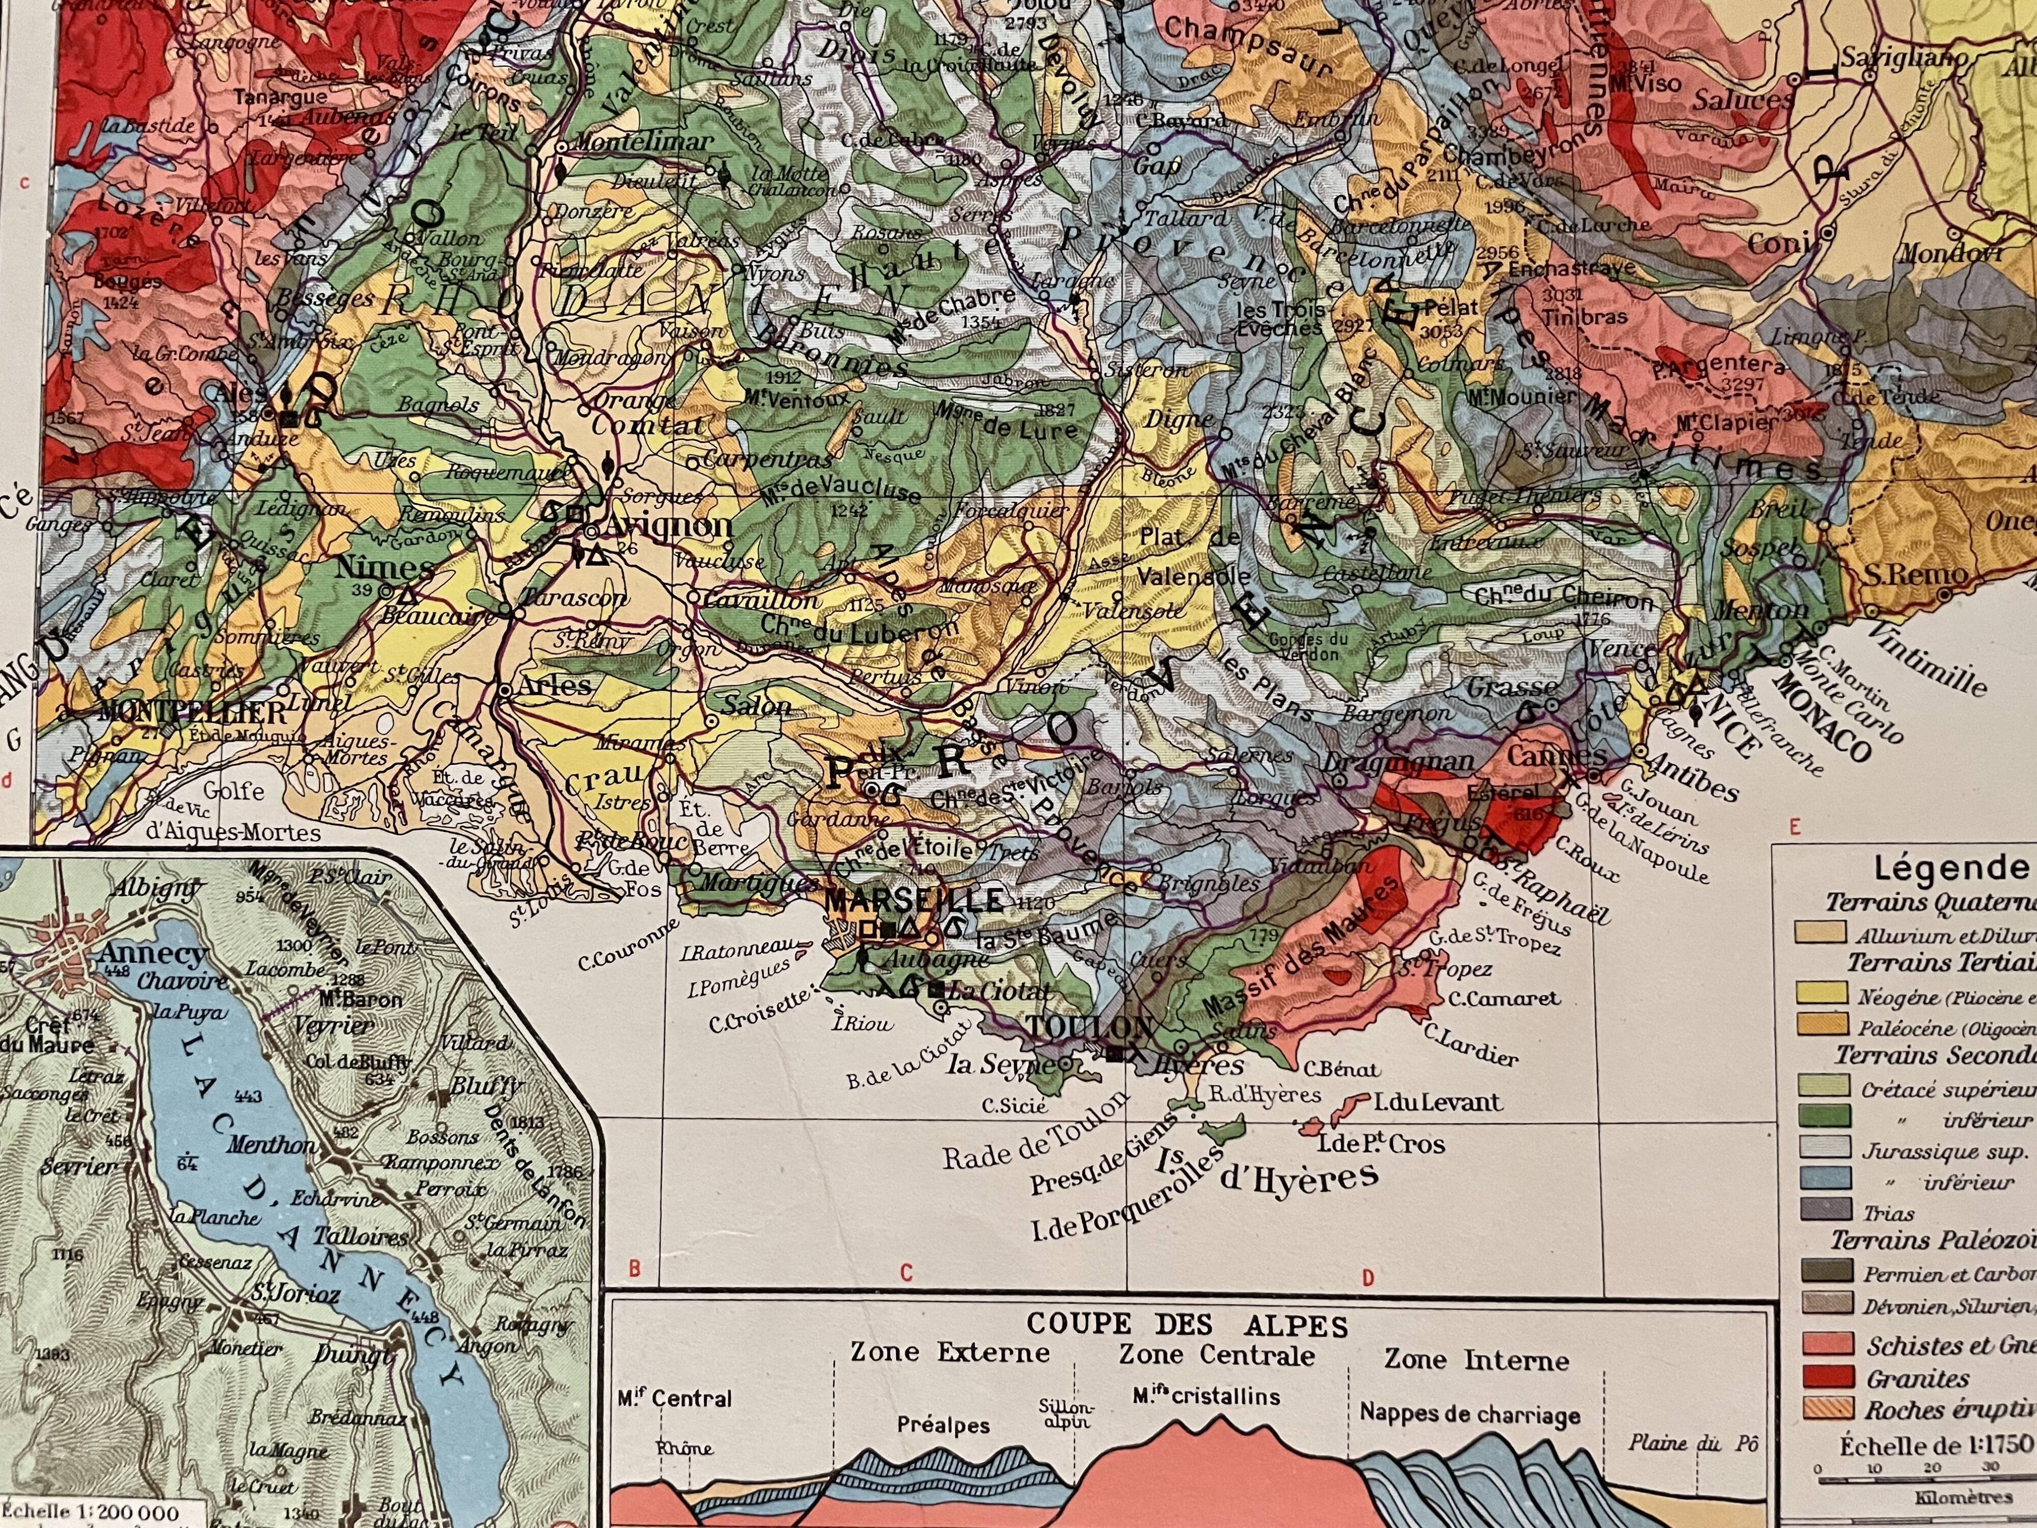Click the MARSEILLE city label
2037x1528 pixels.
tap(915, 900)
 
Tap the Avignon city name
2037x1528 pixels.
tap(666, 527)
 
